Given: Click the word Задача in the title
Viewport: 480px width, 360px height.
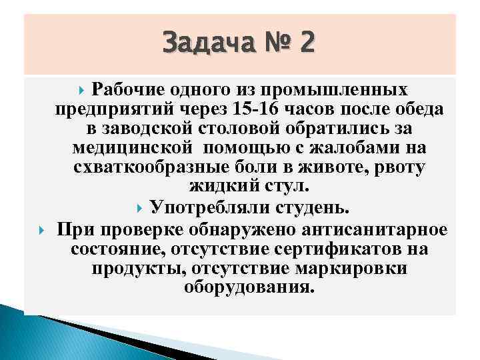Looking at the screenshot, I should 204,44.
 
